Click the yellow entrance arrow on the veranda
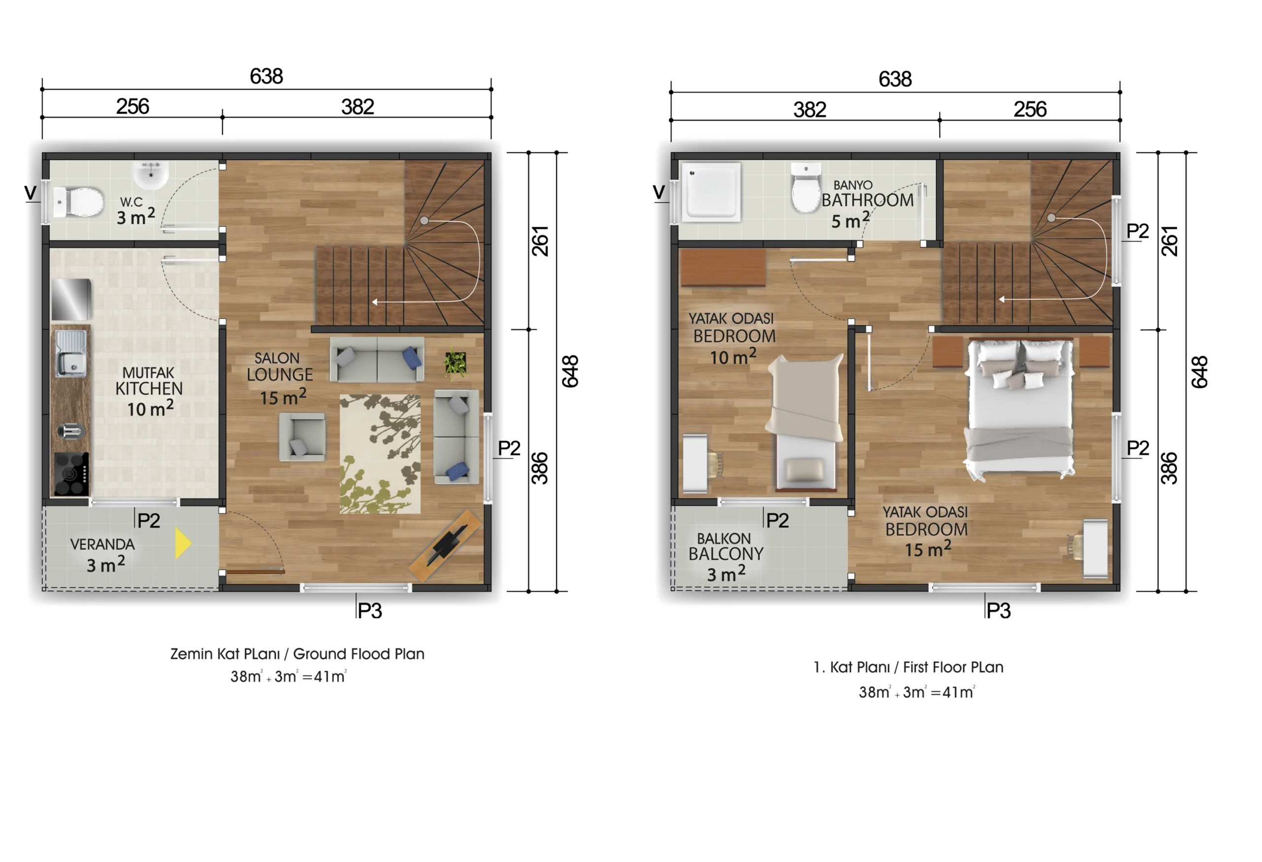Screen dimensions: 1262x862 pyautogui.click(x=182, y=543)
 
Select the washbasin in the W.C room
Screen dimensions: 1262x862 pyautogui.click(x=151, y=175)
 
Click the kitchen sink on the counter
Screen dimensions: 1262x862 pyautogui.click(x=71, y=354)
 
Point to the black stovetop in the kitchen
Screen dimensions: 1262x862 pyautogui.click(x=71, y=473)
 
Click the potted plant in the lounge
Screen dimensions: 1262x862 pyautogui.click(x=455, y=362)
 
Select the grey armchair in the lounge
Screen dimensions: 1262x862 pyautogui.click(x=303, y=437)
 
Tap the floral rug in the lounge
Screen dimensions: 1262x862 pyautogui.click(x=380, y=454)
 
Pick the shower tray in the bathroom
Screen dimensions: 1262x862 pyautogui.click(x=711, y=192)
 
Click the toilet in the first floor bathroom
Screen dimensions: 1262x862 pyautogui.click(x=806, y=187)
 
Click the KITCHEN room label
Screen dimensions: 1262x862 pyautogui.click(x=149, y=389)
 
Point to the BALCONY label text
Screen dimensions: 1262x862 pyautogui.click(x=726, y=554)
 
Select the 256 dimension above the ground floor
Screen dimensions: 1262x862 pyautogui.click(x=133, y=107)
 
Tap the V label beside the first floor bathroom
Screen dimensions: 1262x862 pyautogui.click(x=659, y=192)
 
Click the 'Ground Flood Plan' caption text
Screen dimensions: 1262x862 pyautogui.click(x=358, y=654)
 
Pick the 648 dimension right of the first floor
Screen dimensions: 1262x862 pyautogui.click(x=1199, y=372)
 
